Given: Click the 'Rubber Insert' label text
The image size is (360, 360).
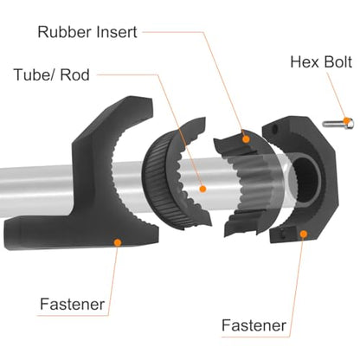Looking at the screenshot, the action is coord(87,32).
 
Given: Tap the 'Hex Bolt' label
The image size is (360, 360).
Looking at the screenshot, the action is coord(321,62).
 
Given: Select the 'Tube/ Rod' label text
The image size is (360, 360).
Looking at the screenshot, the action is coord(52,74).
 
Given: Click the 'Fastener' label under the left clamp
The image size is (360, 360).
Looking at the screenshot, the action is coord(72,305).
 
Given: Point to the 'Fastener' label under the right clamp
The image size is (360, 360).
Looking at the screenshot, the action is coord(254,325).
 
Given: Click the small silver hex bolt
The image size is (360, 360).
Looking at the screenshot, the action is coord(338,124).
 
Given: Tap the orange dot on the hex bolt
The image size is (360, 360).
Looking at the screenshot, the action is coord(346,120).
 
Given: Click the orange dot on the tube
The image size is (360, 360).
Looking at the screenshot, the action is coord(202,189).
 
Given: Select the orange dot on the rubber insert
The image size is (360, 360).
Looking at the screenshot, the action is coord(246,139).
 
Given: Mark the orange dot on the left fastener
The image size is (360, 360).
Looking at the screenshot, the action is coord(118,242).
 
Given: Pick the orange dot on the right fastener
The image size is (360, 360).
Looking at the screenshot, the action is coord(303,234).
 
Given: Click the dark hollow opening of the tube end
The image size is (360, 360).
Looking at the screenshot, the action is coord(305,179).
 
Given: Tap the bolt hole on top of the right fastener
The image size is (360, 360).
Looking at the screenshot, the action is coord(274,129).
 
